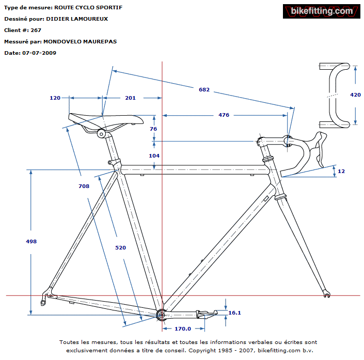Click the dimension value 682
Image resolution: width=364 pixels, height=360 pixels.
tap(204, 89)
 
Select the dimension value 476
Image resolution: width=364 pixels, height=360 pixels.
tap(224, 115)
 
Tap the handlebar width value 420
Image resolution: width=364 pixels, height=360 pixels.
tap(355, 95)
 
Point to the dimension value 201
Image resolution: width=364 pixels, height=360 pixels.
tap(130, 98)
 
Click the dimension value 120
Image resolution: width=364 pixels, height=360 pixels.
tap(55, 98)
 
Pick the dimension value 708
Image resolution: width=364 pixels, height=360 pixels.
tap(84, 186)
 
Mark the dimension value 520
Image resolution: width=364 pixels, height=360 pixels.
tap(120, 247)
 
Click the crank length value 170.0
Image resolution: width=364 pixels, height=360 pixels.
tap(183, 328)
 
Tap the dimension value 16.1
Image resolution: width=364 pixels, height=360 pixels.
tap(234, 312)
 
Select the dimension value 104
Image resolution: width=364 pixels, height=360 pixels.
tap(154, 155)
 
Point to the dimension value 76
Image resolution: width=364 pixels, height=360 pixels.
tap(153, 129)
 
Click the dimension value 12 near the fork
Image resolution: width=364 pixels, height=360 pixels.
tap(341, 171)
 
